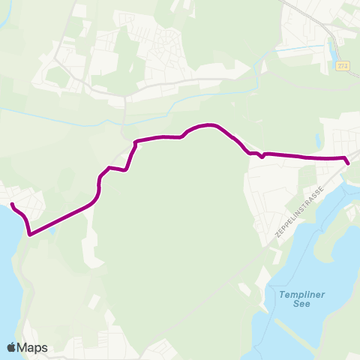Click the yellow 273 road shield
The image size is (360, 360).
click(x=343, y=67)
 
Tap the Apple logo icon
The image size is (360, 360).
click(x=11, y=347)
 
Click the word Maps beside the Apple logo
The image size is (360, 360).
click(x=33, y=347)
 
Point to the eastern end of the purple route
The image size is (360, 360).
click(x=348, y=163)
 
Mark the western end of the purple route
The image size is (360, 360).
click(x=12, y=203)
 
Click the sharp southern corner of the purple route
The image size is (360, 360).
click(x=30, y=234)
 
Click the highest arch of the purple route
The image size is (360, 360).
click(x=208, y=124)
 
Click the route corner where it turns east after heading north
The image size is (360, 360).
click(x=135, y=142)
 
